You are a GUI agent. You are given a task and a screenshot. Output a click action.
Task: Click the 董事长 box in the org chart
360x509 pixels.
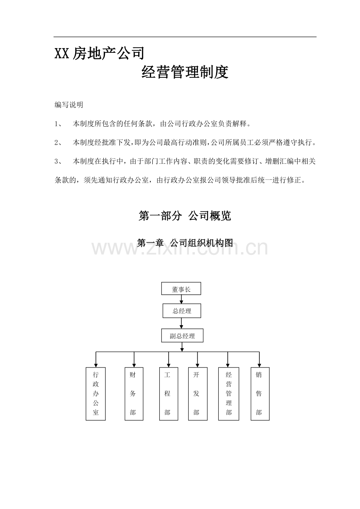point(181,289)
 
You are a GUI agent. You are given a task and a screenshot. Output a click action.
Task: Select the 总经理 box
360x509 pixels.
point(182,311)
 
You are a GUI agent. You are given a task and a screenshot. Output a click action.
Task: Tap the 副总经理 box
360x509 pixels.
point(182,335)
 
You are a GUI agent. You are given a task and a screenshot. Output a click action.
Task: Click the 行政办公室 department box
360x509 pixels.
point(95,394)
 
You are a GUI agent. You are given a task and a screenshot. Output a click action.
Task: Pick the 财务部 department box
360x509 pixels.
point(134,394)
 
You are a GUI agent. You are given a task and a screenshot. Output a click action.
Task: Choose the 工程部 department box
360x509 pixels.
point(169,394)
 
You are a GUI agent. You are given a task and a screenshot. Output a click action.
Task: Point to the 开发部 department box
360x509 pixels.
point(198,394)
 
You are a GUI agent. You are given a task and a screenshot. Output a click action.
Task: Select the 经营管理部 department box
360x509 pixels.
point(229,394)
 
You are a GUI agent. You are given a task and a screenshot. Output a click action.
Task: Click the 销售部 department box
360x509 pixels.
point(260,394)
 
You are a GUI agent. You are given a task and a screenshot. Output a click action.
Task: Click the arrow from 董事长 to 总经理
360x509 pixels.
point(181,299)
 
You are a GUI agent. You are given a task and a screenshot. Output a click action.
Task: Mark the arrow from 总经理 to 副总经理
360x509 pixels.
point(181,323)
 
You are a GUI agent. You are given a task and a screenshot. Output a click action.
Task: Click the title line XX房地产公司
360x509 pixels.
point(99,54)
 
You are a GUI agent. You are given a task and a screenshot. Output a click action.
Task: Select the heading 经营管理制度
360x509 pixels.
point(185,72)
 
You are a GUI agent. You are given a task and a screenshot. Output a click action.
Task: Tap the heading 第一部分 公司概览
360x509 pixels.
point(185,216)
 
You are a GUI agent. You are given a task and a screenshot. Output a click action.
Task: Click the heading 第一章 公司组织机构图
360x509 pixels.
point(185,243)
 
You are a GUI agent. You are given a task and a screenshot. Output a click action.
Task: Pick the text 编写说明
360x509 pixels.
point(69,105)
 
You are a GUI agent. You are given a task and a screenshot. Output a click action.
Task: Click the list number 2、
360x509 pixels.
point(58,142)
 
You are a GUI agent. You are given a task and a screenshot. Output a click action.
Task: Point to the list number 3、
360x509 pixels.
point(58,161)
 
